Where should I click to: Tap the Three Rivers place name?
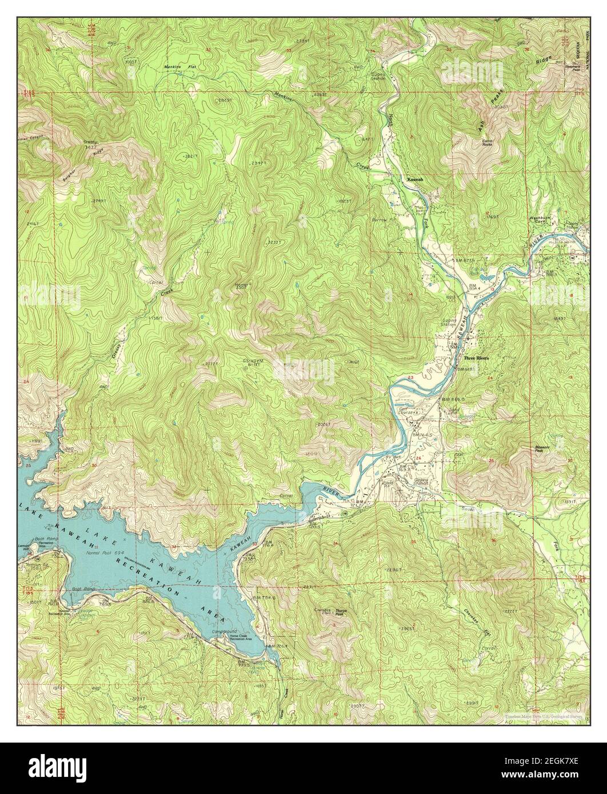pos(477,358)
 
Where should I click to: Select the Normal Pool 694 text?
pos(101,554)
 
